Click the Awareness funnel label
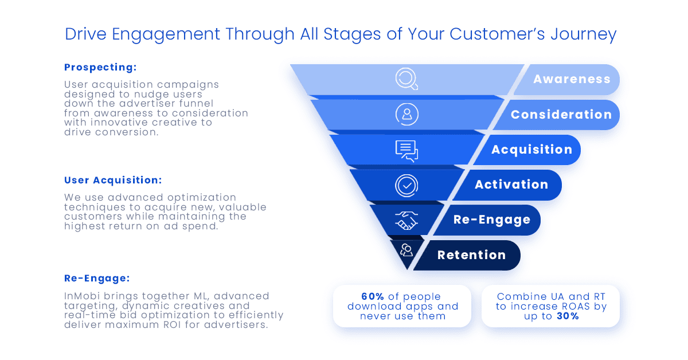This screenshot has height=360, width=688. pos(572,79)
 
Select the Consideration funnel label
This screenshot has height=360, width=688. pos(561,115)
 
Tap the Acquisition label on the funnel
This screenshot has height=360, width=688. pos(532,150)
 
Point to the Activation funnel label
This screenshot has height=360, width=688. pos(511,185)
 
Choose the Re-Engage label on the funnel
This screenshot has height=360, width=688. pos(492,220)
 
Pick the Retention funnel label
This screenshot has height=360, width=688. pos(472,255)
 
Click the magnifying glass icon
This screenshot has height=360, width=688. pos(406,79)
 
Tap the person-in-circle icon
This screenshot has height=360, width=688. pos(407,115)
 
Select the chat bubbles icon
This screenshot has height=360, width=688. pos(406,151)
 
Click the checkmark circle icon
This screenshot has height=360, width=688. pos(406,186)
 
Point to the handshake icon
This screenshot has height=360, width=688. pos(406,221)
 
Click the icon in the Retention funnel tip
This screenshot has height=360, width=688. pos(406,250)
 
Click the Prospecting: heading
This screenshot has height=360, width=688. pos(100,67)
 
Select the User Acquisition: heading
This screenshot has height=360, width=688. pos(113,180)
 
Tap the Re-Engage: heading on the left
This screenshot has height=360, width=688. pos(97,278)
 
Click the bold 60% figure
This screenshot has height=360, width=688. pos(373,296)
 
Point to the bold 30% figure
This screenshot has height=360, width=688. pos(568,316)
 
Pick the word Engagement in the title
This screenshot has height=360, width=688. pos(166,34)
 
